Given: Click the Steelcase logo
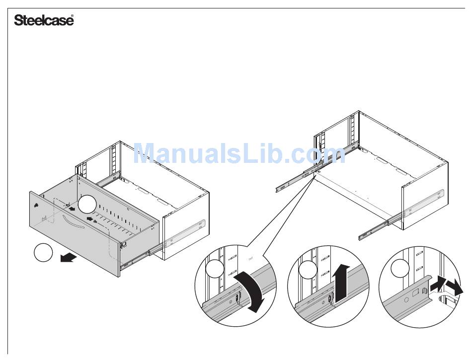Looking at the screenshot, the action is click(x=44, y=20).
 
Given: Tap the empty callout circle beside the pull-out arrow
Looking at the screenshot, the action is click(x=43, y=253).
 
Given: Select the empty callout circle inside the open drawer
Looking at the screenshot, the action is click(x=87, y=204).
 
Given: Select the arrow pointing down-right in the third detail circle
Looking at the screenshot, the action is click(x=453, y=288).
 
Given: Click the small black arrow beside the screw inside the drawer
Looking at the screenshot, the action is click(x=89, y=218).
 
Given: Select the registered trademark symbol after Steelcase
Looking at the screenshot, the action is click(x=73, y=17).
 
